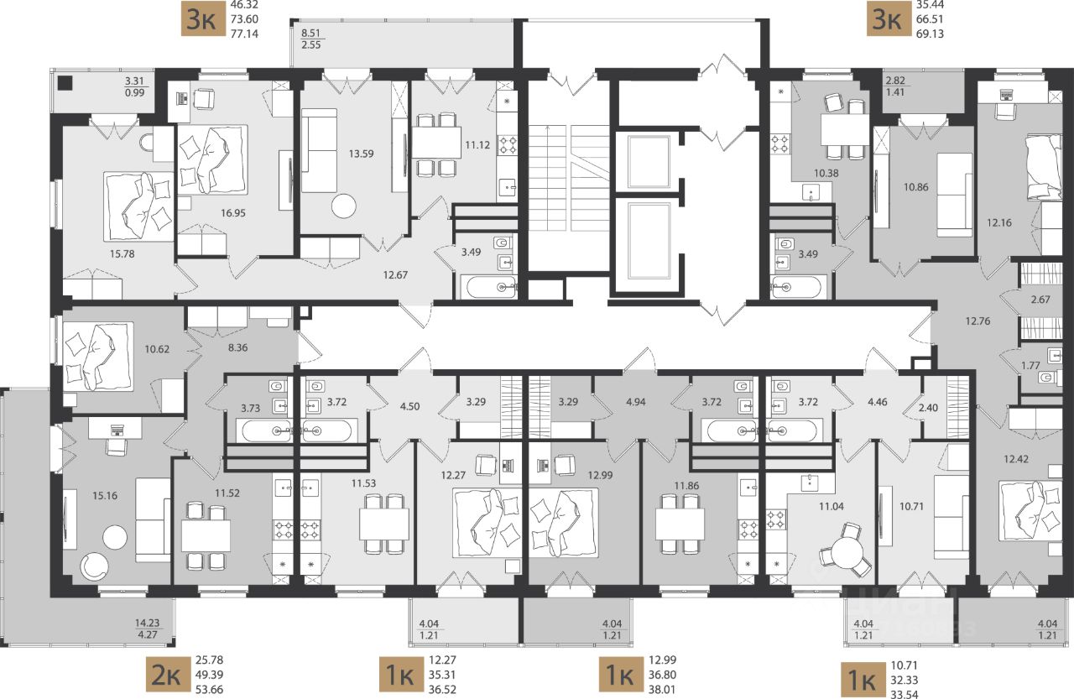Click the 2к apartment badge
(167, 675)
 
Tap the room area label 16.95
(233, 213)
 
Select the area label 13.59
(361, 154)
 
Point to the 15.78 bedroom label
(123, 253)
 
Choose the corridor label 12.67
(395, 275)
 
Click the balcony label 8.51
(310, 34)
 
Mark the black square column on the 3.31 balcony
(65, 83)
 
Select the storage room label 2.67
(1040, 300)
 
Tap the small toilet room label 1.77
(1030, 366)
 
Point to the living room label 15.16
(105, 496)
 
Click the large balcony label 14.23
(147, 623)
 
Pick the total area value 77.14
(244, 34)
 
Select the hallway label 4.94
(636, 402)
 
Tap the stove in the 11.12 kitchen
(508, 145)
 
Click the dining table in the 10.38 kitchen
(845, 130)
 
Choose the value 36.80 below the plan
(662, 675)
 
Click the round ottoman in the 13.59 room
(344, 206)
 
